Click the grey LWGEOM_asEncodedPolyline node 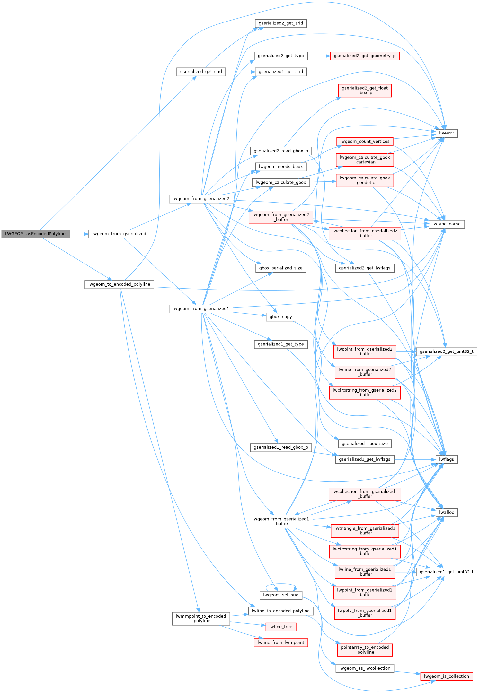click(x=35, y=234)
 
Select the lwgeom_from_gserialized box click(x=119, y=234)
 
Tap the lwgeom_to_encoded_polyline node click(x=119, y=284)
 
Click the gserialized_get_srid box click(x=201, y=72)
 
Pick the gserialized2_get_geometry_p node click(x=365, y=56)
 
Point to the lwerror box click(x=447, y=133)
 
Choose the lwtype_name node click(x=447, y=224)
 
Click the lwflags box click(x=447, y=459)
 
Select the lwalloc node click(x=447, y=512)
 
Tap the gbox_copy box click(x=281, y=317)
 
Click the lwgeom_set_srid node click(x=281, y=595)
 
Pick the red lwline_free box click(x=281, y=627)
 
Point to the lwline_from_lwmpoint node click(x=281, y=642)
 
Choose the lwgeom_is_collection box click(x=447, y=676)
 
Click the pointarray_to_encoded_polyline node click(x=365, y=650)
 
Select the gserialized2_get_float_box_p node click(x=365, y=90)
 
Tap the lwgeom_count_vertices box click(x=365, y=141)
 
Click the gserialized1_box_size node click(x=365, y=444)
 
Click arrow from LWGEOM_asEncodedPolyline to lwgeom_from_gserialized click(x=79, y=234)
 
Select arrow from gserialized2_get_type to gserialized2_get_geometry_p click(x=319, y=56)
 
